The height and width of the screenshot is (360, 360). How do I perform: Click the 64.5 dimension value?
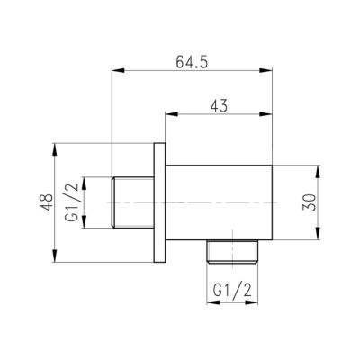click(192, 62)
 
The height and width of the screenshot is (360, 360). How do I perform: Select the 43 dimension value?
click(219, 106)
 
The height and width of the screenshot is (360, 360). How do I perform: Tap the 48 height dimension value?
click(47, 202)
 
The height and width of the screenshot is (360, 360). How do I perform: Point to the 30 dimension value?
click(310, 202)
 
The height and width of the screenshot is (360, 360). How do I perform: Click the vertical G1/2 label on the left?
click(72, 202)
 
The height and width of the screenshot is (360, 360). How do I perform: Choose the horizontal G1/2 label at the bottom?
click(232, 290)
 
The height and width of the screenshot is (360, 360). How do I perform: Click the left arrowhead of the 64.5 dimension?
click(118, 70)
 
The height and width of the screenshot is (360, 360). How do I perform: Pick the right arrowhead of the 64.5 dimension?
click(266, 70)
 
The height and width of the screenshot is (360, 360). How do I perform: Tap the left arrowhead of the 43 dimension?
click(172, 114)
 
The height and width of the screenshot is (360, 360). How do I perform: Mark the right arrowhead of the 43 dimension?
click(266, 114)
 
